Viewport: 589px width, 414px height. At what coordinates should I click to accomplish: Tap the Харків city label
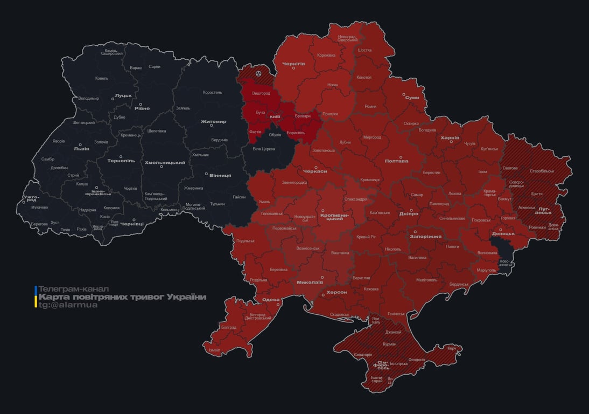(x=450, y=138)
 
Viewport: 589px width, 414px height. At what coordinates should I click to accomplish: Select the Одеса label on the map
(x=271, y=300)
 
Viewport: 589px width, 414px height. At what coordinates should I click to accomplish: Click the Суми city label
(x=412, y=98)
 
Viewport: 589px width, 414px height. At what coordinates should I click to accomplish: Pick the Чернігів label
(x=293, y=64)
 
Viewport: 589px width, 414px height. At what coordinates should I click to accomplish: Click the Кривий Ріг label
(x=366, y=237)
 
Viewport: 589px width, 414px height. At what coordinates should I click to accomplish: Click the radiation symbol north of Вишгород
(x=259, y=72)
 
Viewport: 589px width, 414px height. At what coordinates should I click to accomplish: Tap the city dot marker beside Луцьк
(x=114, y=99)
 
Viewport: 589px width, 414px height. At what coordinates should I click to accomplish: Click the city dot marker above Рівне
(x=141, y=105)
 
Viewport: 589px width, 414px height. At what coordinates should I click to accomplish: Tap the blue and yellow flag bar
(x=36, y=297)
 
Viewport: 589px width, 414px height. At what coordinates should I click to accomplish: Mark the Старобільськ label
(x=542, y=171)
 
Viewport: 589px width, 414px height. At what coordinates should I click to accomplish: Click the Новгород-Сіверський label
(x=347, y=38)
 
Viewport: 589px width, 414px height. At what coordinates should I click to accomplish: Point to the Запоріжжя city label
(x=425, y=236)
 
